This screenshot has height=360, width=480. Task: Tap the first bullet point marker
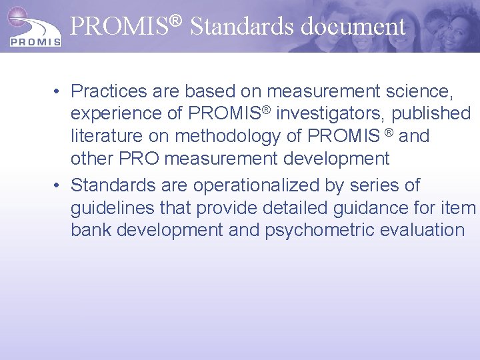pos(59,91)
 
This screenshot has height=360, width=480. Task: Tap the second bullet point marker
pos(59,185)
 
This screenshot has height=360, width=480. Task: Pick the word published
pos(431,114)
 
